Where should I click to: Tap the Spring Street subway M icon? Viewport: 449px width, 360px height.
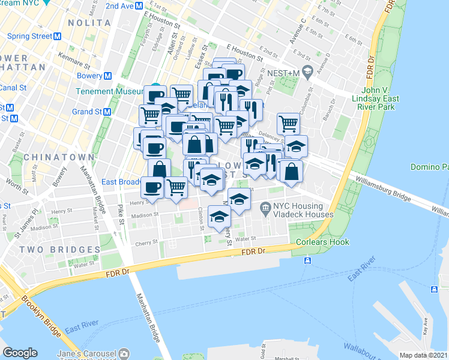click(58, 36)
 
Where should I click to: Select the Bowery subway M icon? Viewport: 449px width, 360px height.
click(108, 76)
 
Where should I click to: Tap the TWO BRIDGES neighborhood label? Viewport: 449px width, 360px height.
click(59, 249)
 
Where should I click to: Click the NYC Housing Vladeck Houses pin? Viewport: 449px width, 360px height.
click(265, 206)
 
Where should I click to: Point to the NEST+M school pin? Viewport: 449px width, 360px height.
click(307, 72)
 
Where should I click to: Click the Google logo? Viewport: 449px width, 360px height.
click(20, 353)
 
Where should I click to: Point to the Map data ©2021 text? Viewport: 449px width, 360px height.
click(424, 355)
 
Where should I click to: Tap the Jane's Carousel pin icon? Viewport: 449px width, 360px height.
click(124, 353)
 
